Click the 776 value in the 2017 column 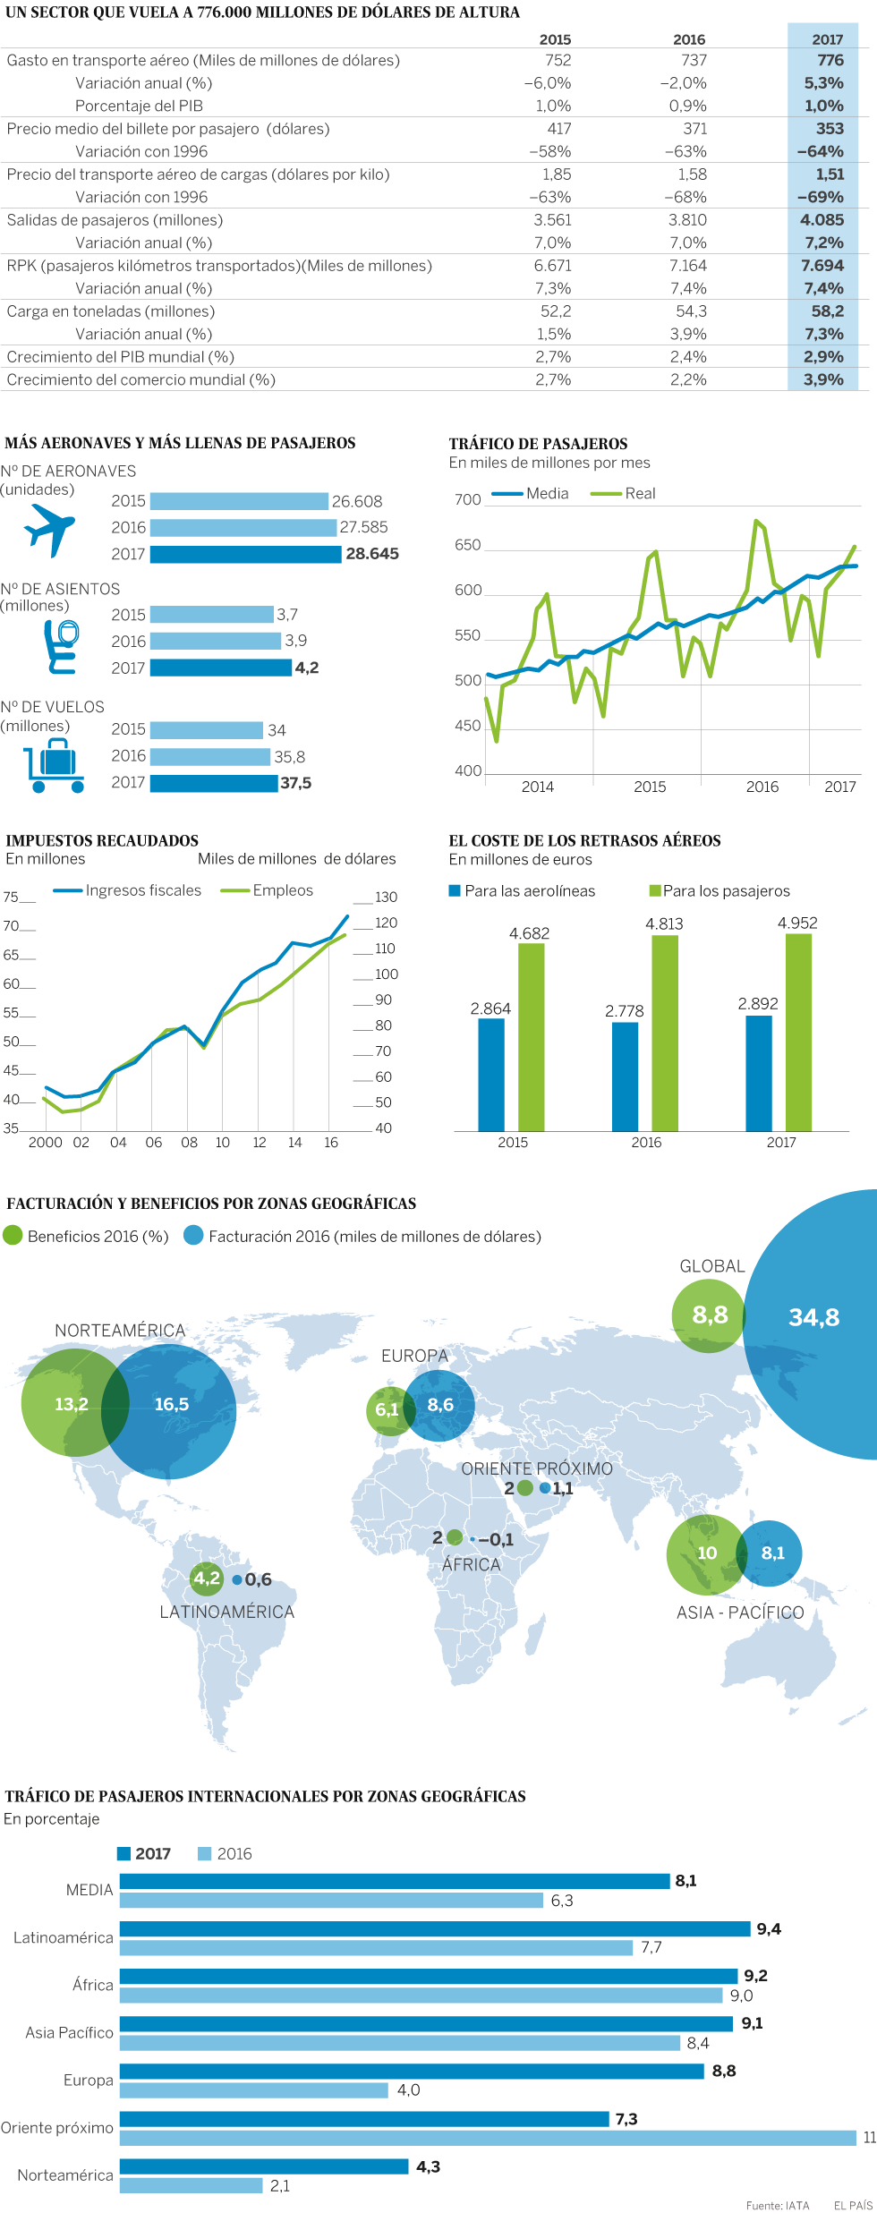point(830,60)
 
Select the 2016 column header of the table point(688,39)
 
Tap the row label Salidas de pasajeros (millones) point(115,220)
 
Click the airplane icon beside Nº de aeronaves point(49,529)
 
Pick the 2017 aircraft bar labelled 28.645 point(245,554)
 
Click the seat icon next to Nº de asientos point(61,646)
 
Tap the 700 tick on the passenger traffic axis point(467,499)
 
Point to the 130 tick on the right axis point(386,897)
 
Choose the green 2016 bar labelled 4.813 point(664,1033)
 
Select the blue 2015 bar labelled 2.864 point(491,1075)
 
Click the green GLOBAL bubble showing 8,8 point(708,1315)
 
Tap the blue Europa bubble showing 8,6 point(440,1405)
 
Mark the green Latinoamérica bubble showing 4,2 point(207,1579)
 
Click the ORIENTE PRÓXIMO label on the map point(537,1468)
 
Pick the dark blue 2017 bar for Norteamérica point(264,2166)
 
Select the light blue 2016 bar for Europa point(254,2090)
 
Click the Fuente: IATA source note point(777,2206)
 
